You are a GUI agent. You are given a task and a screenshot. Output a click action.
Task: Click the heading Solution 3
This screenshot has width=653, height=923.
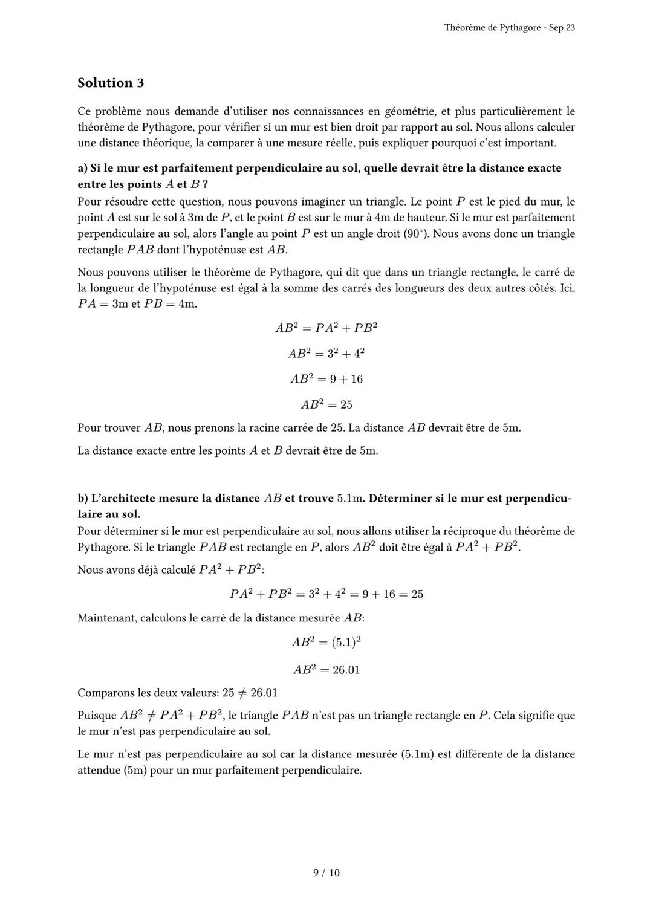tap(111, 83)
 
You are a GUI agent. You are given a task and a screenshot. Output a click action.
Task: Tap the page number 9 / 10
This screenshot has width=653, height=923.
tap(326, 873)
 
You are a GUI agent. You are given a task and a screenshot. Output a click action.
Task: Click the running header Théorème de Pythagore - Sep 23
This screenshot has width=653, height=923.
tap(509, 28)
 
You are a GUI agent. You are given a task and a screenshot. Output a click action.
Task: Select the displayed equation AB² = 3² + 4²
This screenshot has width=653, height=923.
tap(326, 353)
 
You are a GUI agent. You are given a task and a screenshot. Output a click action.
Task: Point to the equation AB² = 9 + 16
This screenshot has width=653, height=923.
tap(326, 379)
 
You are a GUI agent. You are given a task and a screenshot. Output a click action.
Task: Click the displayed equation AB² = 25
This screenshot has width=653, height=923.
tap(326, 404)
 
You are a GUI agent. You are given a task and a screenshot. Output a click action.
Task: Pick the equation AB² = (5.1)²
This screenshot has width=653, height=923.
tap(326, 642)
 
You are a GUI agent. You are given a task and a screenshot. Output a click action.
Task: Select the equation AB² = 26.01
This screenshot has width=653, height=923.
tap(326, 670)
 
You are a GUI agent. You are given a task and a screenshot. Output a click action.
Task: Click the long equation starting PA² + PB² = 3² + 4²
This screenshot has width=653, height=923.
tap(326, 594)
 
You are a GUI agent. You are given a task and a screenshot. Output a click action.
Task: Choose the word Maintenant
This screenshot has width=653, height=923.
tap(106, 618)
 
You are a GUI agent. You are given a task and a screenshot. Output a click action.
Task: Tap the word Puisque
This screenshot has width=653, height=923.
tap(97, 716)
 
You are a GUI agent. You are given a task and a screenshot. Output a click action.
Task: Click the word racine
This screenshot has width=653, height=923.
tap(279, 428)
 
